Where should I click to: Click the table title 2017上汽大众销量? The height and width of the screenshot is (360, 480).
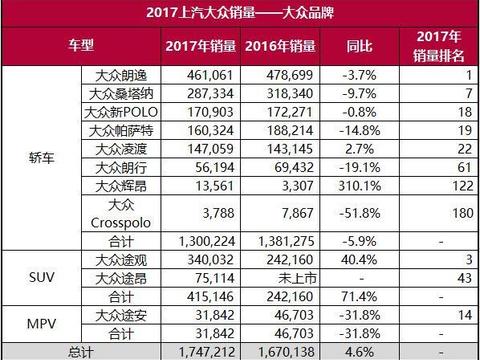240,13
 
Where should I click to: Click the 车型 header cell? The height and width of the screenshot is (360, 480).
80,46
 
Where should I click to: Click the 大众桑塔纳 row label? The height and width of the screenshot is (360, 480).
120,92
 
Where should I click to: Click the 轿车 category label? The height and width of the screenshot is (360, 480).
40,156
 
